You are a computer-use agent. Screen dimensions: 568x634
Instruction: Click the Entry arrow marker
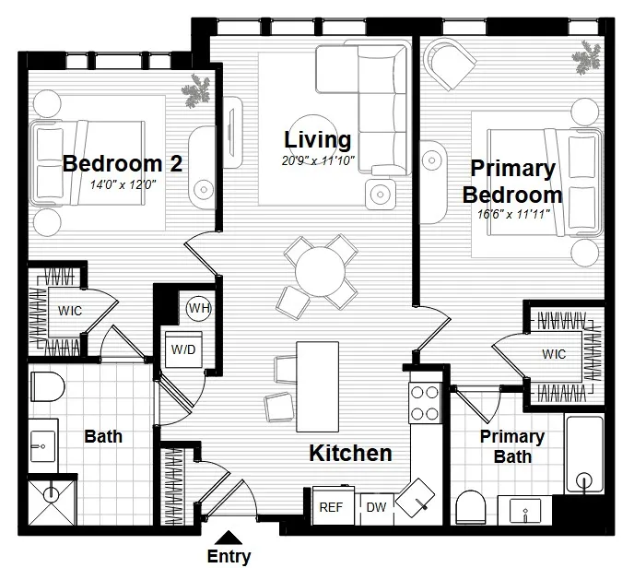(229, 536)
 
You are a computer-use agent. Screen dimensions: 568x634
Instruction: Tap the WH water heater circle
(198, 308)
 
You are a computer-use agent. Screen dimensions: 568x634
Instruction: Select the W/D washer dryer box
(182, 349)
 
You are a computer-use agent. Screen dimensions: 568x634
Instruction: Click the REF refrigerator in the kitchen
(331, 506)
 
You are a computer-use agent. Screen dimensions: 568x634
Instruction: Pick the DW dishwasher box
(376, 506)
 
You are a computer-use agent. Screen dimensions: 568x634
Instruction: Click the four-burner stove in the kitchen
(424, 402)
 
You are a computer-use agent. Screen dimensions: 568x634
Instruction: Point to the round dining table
(318, 271)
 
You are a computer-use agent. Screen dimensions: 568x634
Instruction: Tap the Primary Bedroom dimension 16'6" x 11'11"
(512, 214)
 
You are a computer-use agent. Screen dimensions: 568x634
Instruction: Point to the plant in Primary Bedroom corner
(586, 58)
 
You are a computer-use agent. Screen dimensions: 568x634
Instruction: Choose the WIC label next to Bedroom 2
(70, 311)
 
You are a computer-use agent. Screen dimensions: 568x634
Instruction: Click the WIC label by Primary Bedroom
(554, 354)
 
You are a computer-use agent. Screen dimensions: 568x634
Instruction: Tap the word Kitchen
(349, 454)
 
